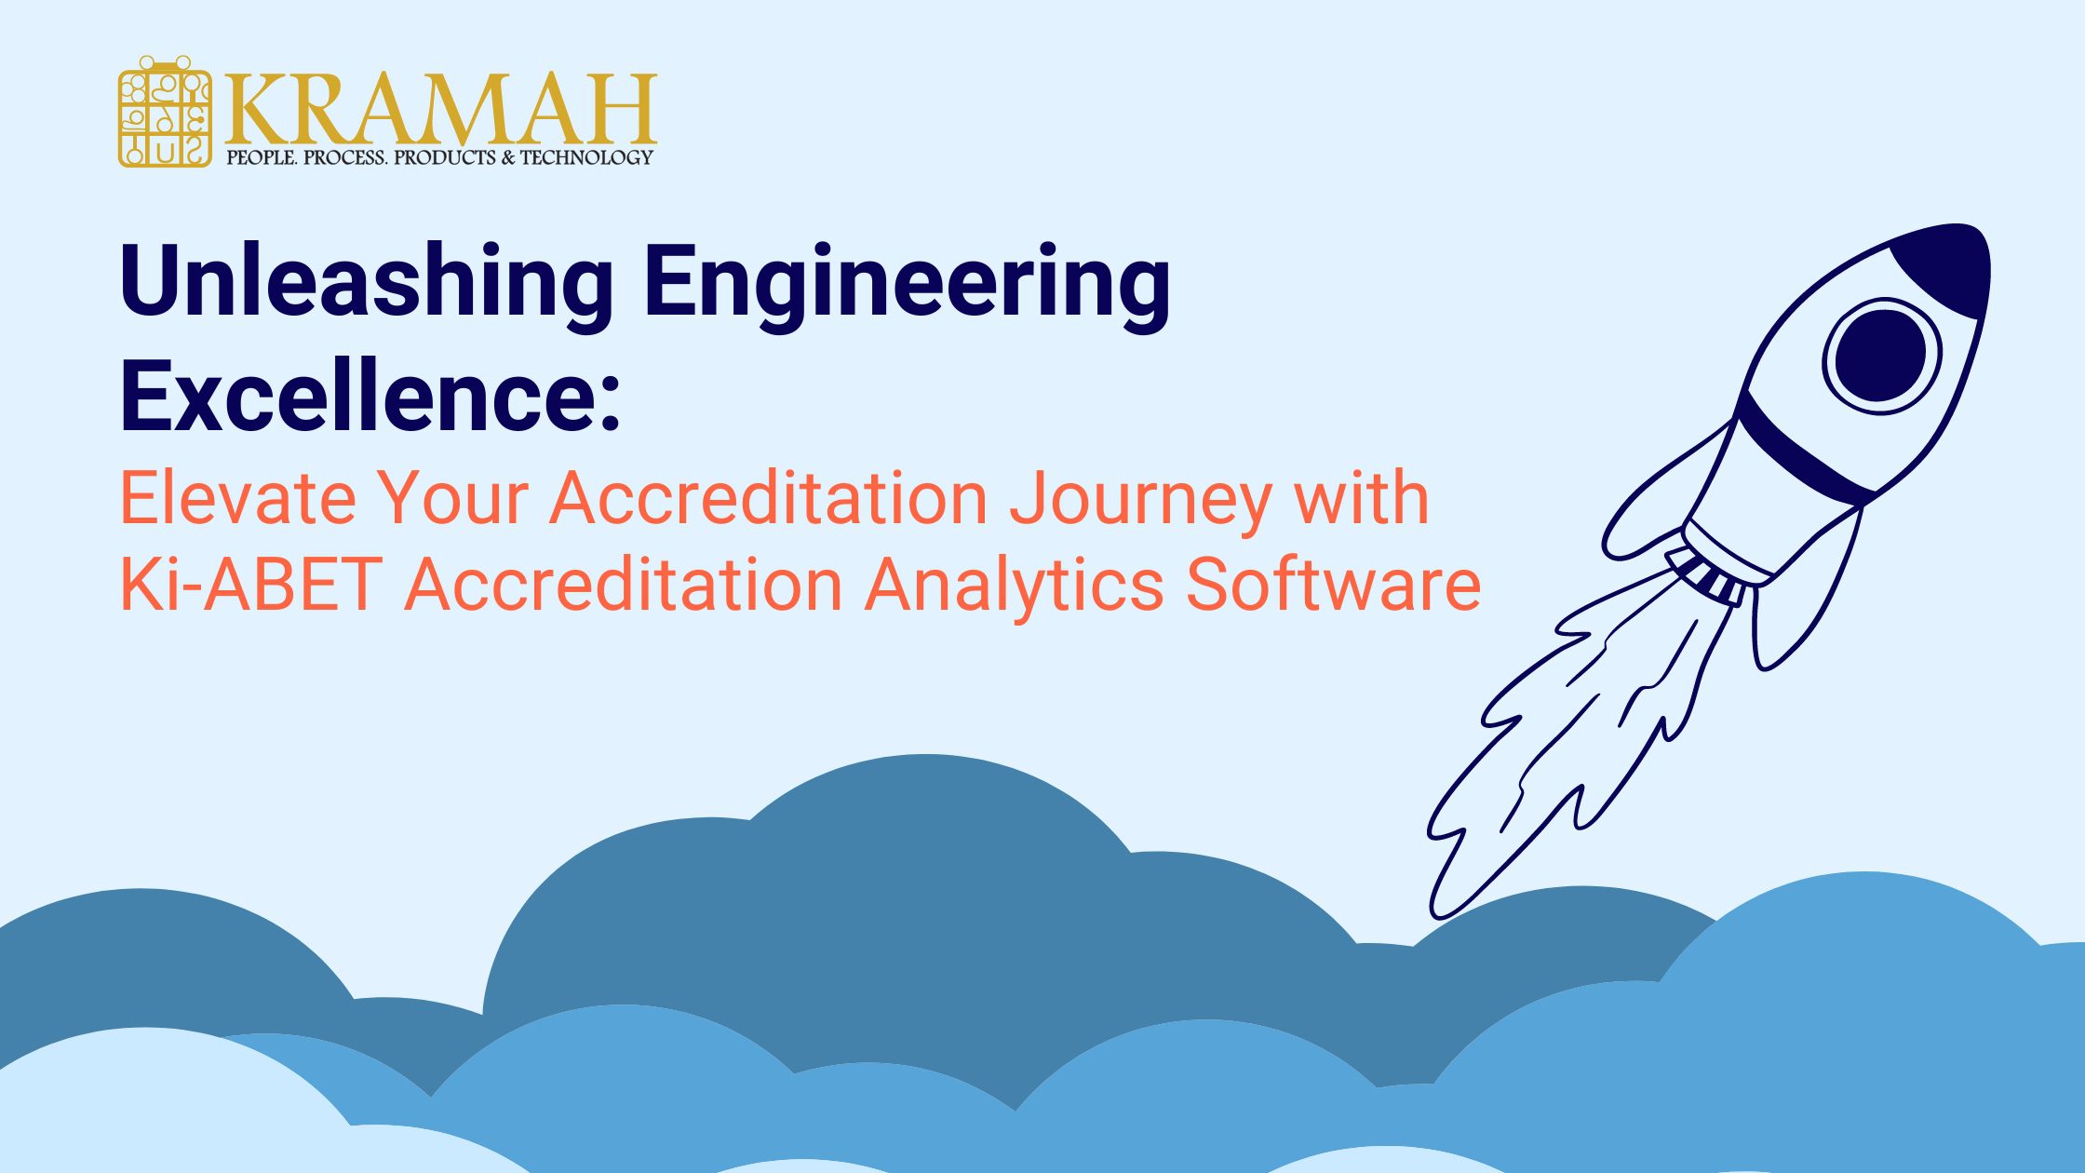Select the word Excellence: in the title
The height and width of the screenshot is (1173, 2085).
click(x=370, y=397)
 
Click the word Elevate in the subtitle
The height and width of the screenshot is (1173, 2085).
click(x=238, y=499)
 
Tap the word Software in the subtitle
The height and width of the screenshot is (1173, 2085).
click(x=1333, y=585)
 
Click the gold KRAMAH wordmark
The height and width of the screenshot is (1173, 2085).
click(x=440, y=109)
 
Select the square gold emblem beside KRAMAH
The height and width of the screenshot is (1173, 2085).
click(x=165, y=112)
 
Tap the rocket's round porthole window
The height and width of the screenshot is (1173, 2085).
click(x=1881, y=356)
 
